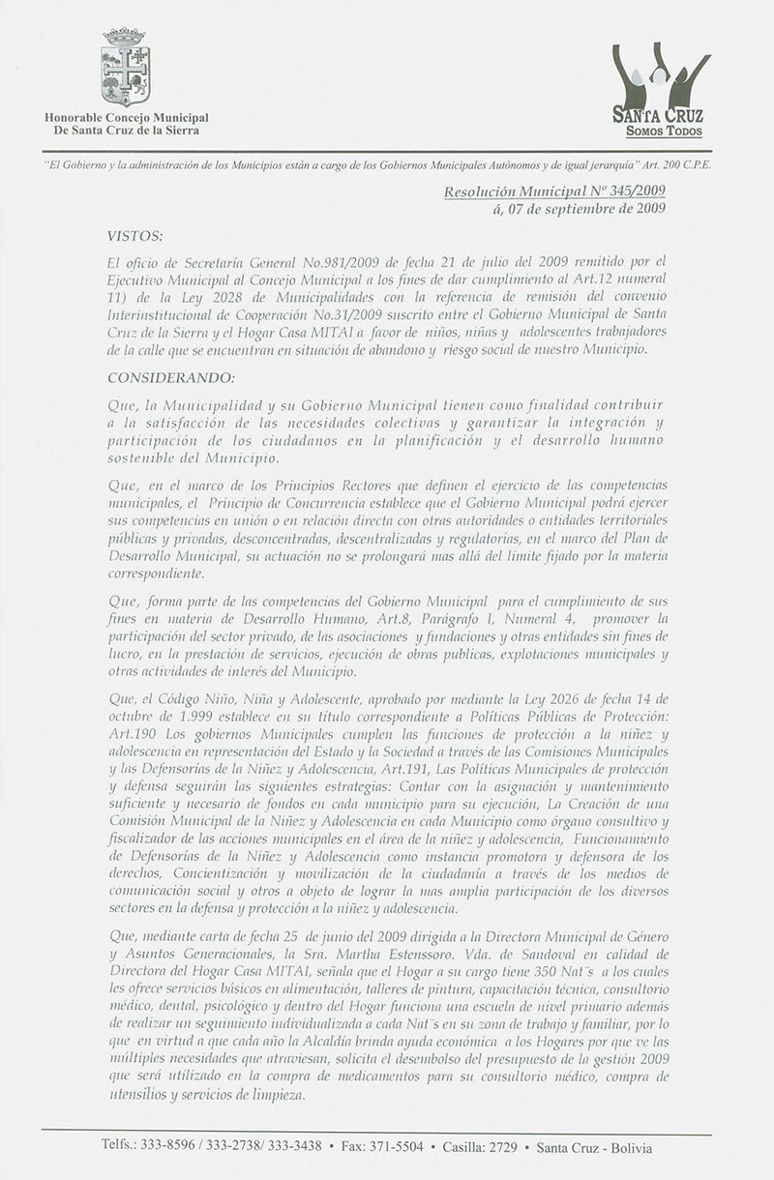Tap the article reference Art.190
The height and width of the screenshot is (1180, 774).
131,732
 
